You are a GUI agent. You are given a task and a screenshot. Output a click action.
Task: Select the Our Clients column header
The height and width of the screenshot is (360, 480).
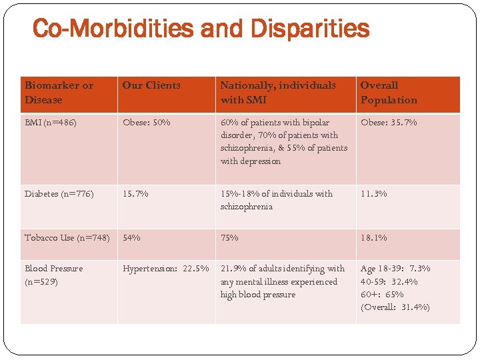(151, 85)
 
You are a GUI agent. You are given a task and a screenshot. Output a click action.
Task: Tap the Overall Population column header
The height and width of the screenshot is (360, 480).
(389, 93)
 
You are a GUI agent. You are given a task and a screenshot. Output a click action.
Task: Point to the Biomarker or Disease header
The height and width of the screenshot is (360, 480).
(59, 93)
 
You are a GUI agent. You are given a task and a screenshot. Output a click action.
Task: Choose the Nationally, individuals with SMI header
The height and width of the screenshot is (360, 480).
(278, 93)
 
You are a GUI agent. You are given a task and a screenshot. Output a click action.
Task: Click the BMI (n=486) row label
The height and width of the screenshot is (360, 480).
(51, 123)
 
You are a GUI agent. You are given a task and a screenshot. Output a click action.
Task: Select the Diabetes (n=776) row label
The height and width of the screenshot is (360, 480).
(59, 194)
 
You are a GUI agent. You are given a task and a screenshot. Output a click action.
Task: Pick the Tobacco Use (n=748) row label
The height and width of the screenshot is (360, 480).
(67, 238)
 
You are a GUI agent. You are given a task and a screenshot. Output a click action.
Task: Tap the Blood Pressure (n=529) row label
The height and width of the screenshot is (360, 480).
(54, 275)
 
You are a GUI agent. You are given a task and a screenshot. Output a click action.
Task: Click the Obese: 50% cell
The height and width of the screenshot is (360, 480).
(147, 123)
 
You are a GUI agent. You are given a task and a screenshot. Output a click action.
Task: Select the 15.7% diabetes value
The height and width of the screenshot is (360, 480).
(135, 194)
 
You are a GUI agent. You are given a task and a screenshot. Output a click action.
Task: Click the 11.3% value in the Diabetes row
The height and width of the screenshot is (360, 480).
(373, 194)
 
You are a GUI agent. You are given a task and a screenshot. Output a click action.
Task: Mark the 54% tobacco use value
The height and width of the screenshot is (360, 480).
(131, 238)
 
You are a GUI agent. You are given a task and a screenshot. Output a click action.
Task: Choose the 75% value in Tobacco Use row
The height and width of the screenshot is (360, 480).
(229, 238)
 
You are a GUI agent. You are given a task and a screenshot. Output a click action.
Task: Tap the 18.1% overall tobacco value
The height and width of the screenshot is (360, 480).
(373, 238)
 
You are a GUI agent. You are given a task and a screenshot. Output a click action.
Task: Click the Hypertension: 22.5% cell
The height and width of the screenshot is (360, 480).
(165, 269)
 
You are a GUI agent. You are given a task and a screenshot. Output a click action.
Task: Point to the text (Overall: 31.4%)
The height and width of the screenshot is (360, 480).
(395, 307)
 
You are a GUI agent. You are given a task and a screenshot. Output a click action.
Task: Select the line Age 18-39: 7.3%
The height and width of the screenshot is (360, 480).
(395, 269)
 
